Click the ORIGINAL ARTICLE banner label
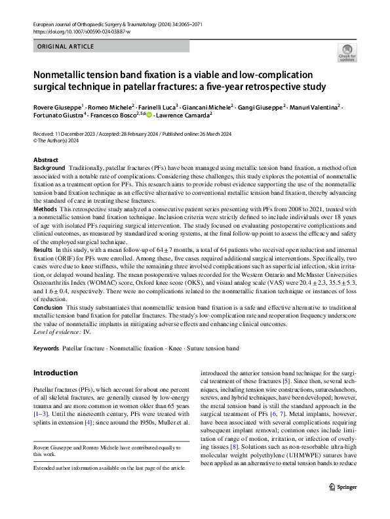coord(66,47)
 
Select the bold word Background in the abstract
coord(49,169)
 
